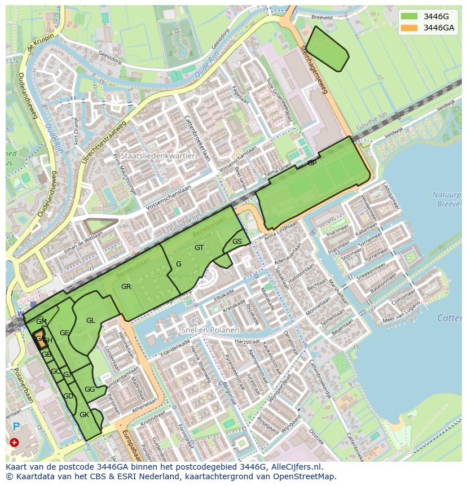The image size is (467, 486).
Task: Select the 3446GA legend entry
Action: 439,28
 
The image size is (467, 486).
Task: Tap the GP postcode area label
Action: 312,163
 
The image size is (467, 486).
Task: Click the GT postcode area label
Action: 199,248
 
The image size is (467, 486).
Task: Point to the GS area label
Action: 237,242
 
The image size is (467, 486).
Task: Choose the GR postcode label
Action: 126,287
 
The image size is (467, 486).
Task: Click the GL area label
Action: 91,321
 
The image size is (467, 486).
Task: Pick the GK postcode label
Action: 84,415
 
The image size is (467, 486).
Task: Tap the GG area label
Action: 89,389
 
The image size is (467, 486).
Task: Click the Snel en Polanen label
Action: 210,330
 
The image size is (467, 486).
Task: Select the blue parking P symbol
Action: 16,427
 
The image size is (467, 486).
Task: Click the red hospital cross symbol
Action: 14,443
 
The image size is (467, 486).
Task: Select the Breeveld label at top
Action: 321,18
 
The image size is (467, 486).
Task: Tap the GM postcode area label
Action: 41,322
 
